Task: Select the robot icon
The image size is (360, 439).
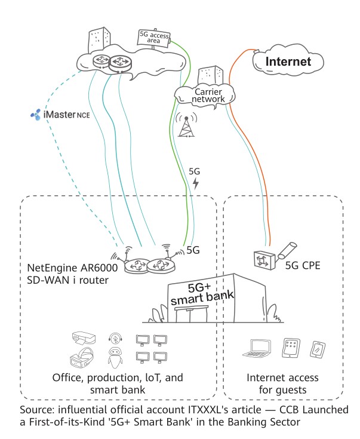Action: click(x=113, y=360)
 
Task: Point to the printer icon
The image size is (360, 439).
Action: click(x=83, y=339)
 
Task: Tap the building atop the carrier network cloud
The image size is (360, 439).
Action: click(x=209, y=75)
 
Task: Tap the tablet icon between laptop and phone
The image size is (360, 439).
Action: click(x=290, y=349)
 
